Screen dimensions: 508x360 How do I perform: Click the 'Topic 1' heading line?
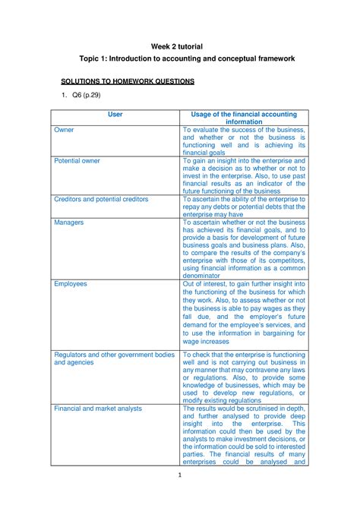click(180, 58)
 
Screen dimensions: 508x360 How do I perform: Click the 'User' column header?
click(115, 115)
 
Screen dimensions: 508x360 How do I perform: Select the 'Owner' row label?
click(65, 131)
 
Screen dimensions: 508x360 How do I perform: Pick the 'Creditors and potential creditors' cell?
click(101, 199)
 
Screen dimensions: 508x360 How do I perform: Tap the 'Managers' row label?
click(69, 222)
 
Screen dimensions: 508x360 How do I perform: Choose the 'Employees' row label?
click(71, 283)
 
